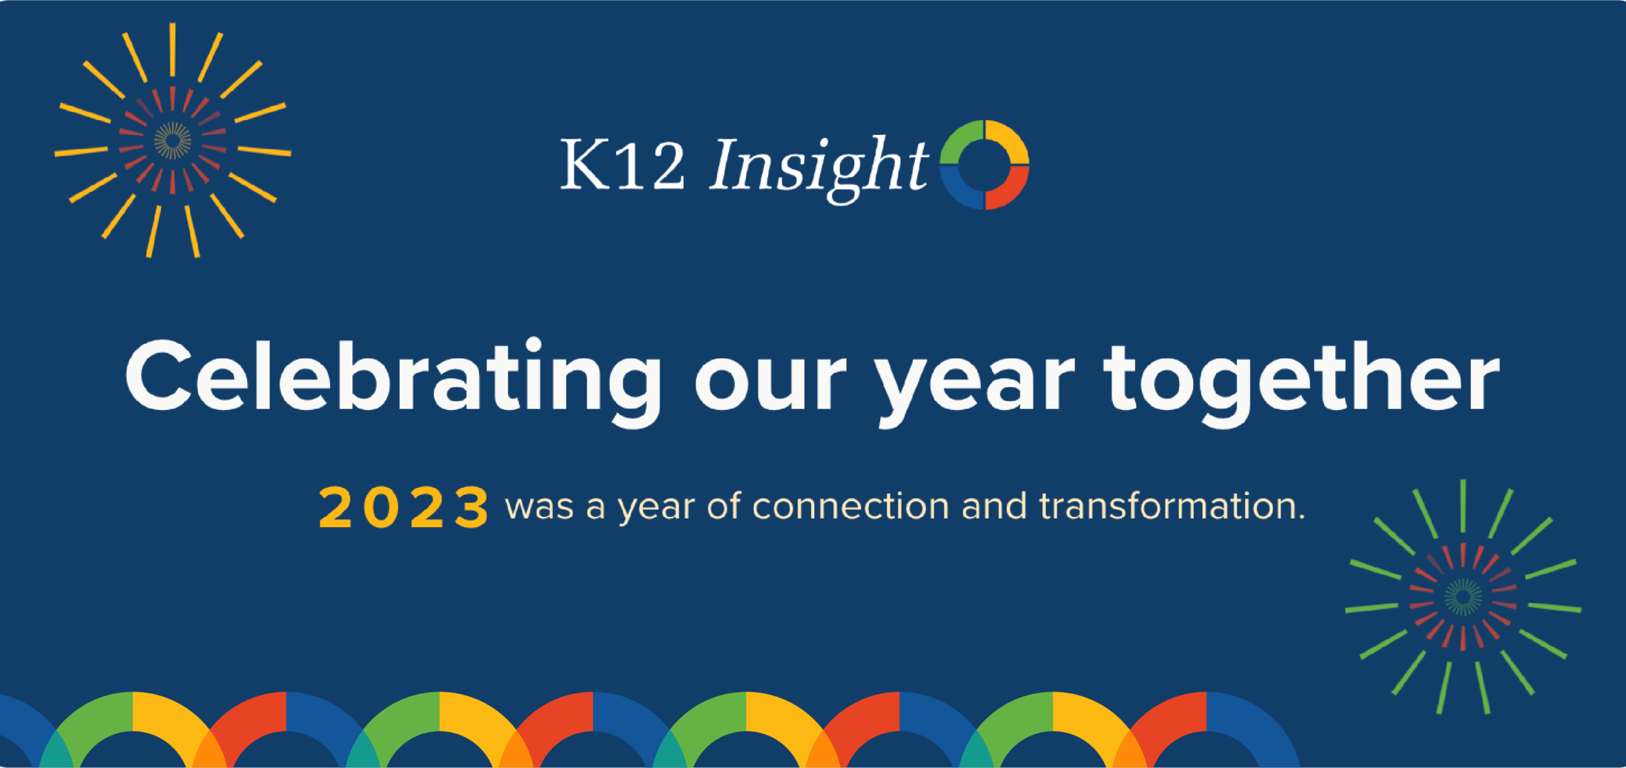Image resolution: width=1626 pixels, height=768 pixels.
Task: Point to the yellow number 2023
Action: pyautogui.click(x=404, y=508)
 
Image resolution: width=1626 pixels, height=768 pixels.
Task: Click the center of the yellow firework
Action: pyautogui.click(x=172, y=141)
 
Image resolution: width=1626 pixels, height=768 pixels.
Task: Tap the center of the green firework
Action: pyautogui.click(x=1463, y=597)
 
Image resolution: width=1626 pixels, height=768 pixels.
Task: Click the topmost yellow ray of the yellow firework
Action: pyautogui.click(x=172, y=49)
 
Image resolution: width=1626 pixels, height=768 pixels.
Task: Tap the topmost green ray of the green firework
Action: pyautogui.click(x=1463, y=506)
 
